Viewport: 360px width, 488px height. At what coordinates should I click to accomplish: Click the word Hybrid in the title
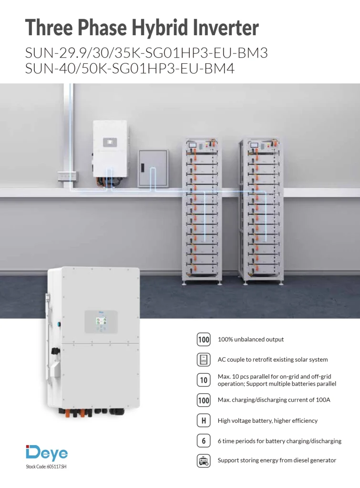(160, 27)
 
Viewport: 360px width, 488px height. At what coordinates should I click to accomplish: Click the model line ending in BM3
(146, 53)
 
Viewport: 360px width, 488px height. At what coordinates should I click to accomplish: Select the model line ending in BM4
(130, 69)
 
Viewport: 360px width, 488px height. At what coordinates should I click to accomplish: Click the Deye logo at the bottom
(47, 453)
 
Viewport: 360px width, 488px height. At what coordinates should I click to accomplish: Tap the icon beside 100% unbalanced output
(204, 339)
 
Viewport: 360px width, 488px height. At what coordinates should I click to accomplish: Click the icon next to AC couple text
(204, 359)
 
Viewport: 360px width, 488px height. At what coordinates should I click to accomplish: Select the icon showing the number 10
(204, 380)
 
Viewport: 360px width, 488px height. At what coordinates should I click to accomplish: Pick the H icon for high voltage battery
(204, 421)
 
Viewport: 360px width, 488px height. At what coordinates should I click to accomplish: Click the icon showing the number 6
(204, 441)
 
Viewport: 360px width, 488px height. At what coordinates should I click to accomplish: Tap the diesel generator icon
(204, 461)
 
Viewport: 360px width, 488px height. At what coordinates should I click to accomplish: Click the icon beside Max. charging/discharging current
(204, 400)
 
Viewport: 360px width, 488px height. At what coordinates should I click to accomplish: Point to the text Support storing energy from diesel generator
(277, 460)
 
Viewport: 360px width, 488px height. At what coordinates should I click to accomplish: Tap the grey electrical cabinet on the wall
(153, 168)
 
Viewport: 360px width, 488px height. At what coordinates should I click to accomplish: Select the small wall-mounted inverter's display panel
(110, 142)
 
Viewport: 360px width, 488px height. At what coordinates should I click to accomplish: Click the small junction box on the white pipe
(67, 176)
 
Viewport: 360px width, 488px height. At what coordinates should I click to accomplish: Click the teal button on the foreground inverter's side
(59, 324)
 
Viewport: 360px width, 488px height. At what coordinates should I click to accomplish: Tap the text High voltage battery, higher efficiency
(267, 421)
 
